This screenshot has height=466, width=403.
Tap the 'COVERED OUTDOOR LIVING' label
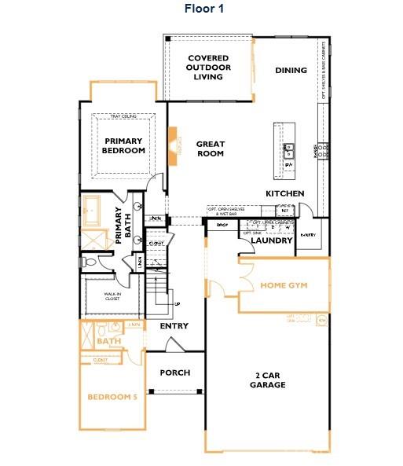(x=210, y=68)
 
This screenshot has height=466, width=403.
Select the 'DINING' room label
(x=291, y=71)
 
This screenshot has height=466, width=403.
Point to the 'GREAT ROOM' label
(x=210, y=149)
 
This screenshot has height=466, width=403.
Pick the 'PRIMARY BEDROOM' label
(x=124, y=145)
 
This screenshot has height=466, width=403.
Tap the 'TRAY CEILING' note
(x=124, y=116)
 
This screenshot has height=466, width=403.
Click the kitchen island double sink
(x=288, y=147)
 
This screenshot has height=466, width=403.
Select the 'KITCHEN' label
(x=285, y=193)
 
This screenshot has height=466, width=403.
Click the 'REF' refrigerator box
(x=284, y=211)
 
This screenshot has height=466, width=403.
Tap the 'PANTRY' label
(x=307, y=235)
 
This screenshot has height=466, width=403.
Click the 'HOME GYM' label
(x=284, y=285)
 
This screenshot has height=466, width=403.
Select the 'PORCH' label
(x=174, y=372)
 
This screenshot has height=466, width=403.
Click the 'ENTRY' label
(x=174, y=325)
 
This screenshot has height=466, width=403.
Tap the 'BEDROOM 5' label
(x=112, y=398)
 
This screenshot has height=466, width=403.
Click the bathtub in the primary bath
(x=95, y=211)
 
